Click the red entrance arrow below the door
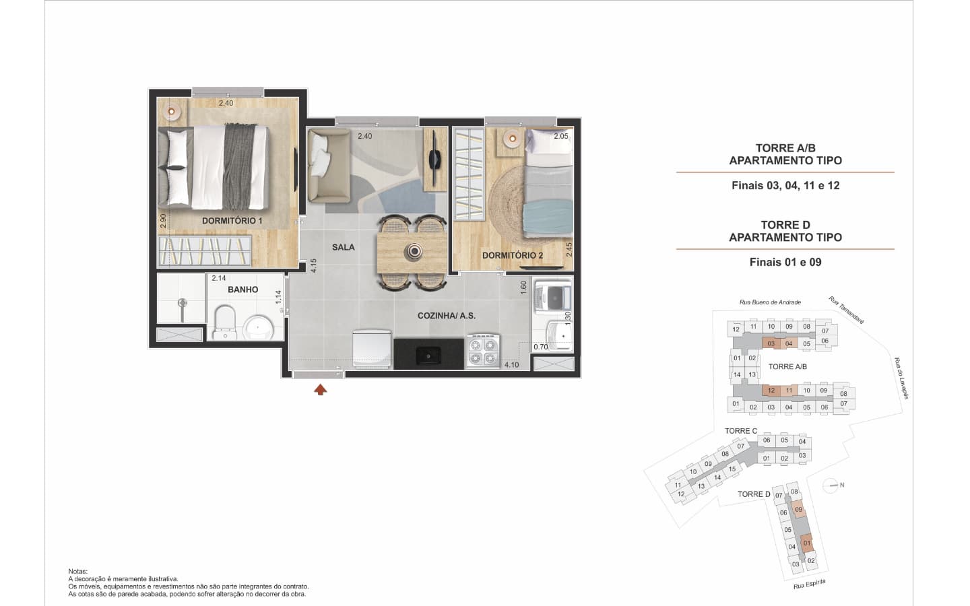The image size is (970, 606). [321, 390]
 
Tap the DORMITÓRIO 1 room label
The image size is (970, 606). [232, 221]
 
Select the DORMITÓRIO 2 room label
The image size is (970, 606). [512, 255]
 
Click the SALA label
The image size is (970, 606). [344, 247]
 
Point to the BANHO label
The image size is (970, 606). [243, 290]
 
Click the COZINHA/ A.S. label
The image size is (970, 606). [447, 316]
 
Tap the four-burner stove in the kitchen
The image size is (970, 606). [483, 351]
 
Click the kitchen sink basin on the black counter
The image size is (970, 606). [428, 356]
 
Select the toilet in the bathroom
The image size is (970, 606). [224, 323]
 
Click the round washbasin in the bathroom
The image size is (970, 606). [258, 328]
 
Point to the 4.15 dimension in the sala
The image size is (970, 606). [313, 265]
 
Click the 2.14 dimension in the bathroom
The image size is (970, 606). [219, 278]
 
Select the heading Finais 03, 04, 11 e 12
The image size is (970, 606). [785, 186]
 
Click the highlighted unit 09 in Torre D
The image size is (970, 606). [799, 510]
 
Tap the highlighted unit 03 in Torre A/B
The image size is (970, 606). [771, 343]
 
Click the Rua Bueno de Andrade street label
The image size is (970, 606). [770, 302]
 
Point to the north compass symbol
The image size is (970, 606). [831, 485]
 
